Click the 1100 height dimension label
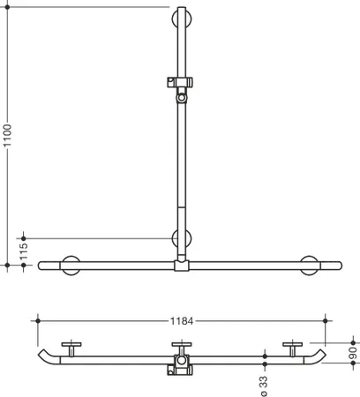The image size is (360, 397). pos(7,136)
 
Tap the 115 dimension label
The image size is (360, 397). pos(23,251)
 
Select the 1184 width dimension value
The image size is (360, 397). pos(182,321)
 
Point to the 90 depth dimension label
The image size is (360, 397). pos(353,353)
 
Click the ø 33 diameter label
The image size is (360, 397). pos(264,386)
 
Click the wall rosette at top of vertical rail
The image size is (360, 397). pos(182,19)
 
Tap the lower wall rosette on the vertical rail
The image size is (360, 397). pos(182,238)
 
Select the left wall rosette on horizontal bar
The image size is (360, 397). pos(71,266)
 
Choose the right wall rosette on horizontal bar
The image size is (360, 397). pos(309,266)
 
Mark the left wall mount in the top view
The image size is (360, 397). pos(71,349)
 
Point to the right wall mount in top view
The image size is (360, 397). pos(292,349)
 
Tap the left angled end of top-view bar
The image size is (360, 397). pos(49,356)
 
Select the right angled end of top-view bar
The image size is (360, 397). pos(315,356)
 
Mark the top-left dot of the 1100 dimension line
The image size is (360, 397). pos(8,7)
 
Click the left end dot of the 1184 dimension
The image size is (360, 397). pos(38,320)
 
